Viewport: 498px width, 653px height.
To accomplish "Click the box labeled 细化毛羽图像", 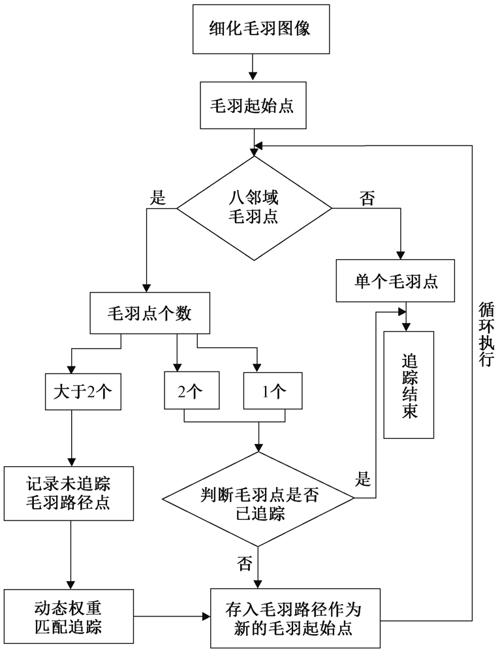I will [250, 31].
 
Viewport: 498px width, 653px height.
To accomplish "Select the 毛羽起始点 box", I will [250, 105].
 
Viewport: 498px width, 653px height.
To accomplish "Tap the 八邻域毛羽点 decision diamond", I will [255, 208].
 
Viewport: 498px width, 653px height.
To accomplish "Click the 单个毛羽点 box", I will [396, 281].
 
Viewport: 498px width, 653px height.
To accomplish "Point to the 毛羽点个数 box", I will [149, 314].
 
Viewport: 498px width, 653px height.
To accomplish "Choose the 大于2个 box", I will [84, 391].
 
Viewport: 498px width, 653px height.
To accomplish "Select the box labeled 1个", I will [273, 391].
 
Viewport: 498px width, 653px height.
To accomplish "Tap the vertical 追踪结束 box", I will [409, 385].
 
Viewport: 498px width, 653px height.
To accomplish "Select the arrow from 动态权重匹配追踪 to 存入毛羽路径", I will [171, 614].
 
